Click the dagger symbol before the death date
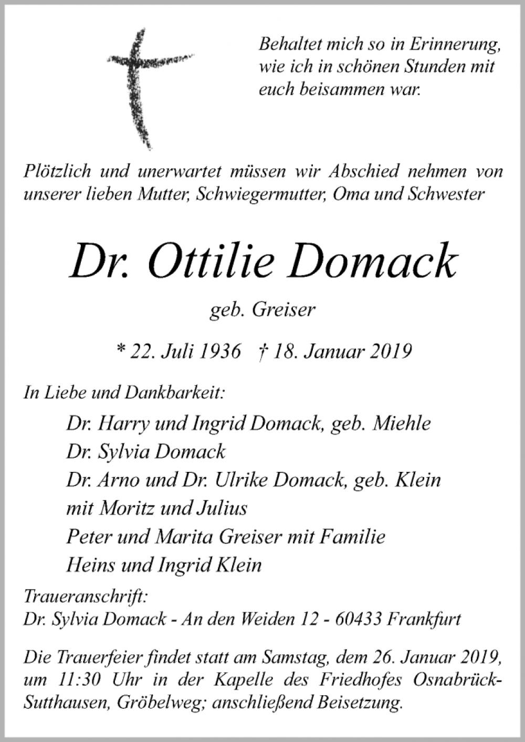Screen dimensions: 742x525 pos(262,351)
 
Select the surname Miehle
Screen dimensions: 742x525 pos(401,423)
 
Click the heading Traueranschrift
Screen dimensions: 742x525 pos(85,597)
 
